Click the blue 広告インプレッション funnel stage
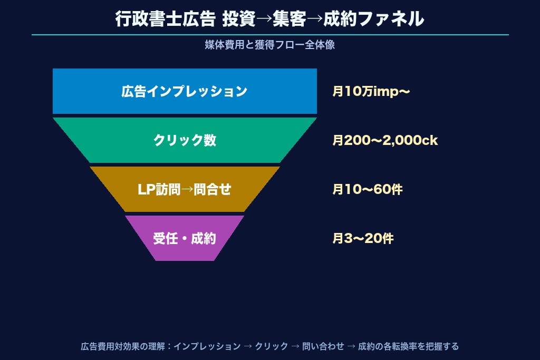click(x=185, y=91)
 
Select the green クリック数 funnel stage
click(x=185, y=140)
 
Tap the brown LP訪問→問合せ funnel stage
click(x=185, y=189)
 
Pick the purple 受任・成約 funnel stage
click(x=185, y=238)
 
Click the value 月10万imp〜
click(x=371, y=92)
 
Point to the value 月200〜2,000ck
click(x=385, y=140)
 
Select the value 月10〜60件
click(x=368, y=189)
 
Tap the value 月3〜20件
click(x=363, y=239)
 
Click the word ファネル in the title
click(x=391, y=18)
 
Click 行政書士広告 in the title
click(x=165, y=18)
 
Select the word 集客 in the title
click(x=290, y=18)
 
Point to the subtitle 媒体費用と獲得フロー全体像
click(x=269, y=45)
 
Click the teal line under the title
click(x=270, y=35)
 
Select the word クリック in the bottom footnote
click(x=272, y=346)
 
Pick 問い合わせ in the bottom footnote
click(x=323, y=346)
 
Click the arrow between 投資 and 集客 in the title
click(x=264, y=19)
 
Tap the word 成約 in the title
click(x=340, y=18)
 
